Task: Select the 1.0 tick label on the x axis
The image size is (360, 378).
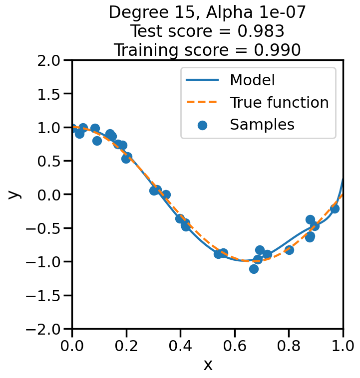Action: click(x=343, y=346)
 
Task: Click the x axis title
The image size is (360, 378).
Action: click(x=208, y=365)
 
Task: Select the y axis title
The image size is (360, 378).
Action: click(x=15, y=194)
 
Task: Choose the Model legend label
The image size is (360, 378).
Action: click(x=252, y=80)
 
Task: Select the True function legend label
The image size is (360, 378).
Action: click(x=279, y=102)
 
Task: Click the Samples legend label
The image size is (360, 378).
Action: click(x=262, y=125)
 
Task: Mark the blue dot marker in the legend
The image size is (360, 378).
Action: click(x=202, y=125)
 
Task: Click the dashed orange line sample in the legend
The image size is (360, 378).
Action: click(x=202, y=102)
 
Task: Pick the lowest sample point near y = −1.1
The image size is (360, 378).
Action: click(x=254, y=269)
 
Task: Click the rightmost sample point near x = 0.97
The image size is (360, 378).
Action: click(x=335, y=208)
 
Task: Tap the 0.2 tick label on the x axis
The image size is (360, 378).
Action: click(x=126, y=346)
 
